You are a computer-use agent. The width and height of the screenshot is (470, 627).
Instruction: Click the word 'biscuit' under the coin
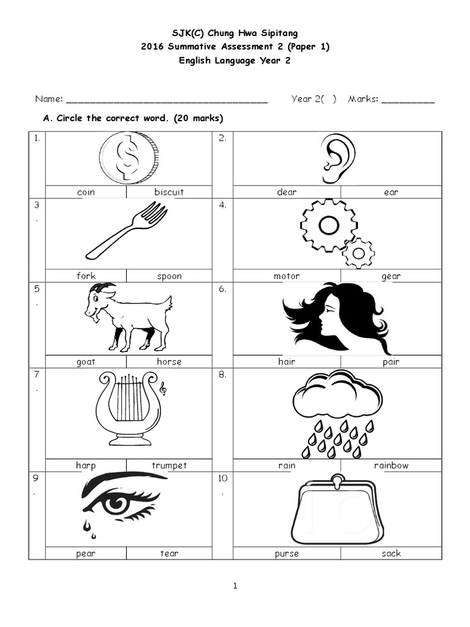169,192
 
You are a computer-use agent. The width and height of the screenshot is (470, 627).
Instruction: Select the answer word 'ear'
391,192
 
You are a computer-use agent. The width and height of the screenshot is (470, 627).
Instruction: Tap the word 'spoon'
169,276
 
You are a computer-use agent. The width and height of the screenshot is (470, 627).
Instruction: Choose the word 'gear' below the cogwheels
391,276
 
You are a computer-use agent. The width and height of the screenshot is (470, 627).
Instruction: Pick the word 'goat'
86,361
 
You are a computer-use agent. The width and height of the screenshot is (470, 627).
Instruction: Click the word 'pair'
391,361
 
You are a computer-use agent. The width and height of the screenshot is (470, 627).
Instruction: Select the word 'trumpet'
169,465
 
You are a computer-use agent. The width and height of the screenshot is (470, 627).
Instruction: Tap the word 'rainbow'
391,465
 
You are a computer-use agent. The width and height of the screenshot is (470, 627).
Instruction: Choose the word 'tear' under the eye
169,554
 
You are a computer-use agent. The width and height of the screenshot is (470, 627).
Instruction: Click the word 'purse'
286,554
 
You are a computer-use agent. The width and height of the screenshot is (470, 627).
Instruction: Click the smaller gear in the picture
359,253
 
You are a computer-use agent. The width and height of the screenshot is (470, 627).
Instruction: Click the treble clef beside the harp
163,388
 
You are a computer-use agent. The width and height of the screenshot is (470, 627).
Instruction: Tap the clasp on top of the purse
337,479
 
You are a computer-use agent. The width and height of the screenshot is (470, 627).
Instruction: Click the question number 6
222,290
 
